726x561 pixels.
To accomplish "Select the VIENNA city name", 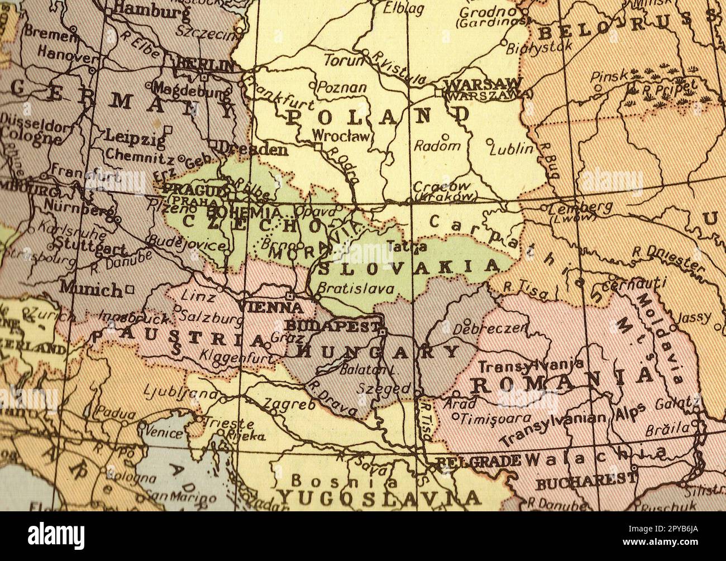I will coord(271,307).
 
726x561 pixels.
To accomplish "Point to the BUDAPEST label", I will coord(332,325).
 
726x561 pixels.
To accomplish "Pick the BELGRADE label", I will coord(477,461).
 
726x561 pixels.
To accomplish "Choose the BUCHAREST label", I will coord(586,479).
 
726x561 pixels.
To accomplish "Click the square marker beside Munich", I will coord(130,289).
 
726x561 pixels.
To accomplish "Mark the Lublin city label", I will coord(511,148).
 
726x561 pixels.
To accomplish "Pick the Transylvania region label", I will coord(527,366).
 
